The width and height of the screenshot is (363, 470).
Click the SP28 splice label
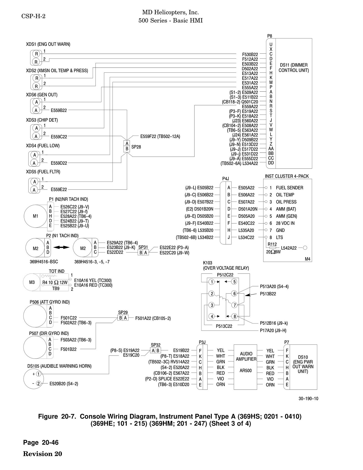point(136,147)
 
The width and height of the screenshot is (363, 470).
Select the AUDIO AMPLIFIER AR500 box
point(246,367)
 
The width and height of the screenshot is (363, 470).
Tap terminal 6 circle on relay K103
point(235,294)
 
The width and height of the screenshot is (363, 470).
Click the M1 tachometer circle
point(36,216)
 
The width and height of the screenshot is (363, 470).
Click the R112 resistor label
point(272,244)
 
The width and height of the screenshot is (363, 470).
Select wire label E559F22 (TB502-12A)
point(160,136)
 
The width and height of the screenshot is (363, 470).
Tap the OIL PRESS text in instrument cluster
point(286,202)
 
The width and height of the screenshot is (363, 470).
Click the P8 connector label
point(269,36)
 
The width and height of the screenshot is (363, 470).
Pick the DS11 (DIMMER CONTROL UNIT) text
point(294,68)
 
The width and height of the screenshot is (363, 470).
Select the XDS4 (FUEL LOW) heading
point(43,146)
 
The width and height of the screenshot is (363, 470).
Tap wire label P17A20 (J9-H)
point(273,331)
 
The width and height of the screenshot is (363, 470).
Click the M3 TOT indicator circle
point(32,282)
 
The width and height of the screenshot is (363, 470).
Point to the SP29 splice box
point(123,318)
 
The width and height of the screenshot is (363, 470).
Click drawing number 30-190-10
point(308,399)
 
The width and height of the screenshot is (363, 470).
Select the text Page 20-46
point(41,442)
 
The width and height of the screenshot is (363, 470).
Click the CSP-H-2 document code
point(33,16)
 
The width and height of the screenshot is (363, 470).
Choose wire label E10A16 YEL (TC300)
point(93,281)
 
